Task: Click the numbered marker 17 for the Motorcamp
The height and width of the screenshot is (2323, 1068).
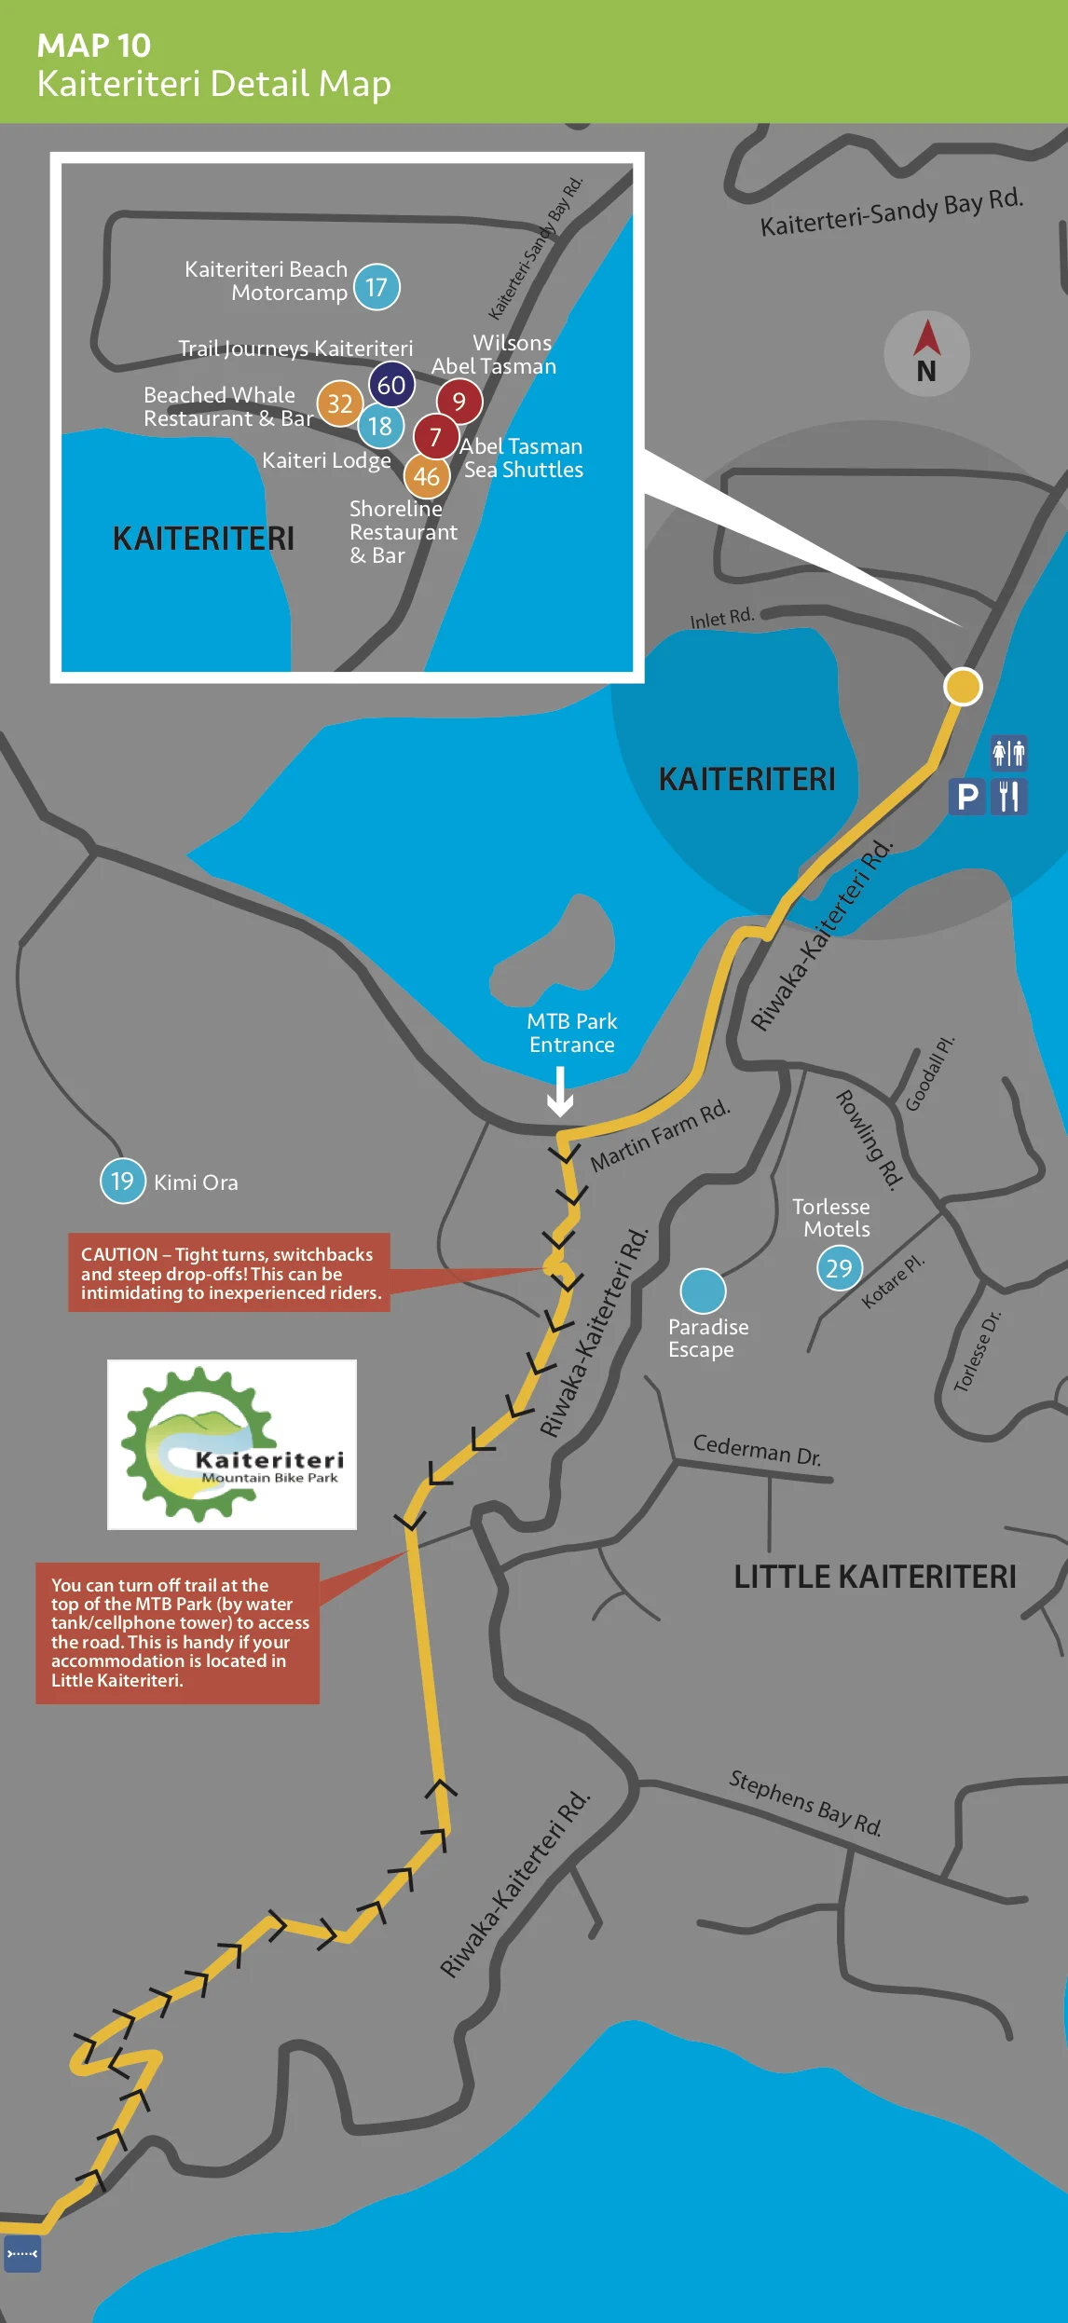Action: [377, 287]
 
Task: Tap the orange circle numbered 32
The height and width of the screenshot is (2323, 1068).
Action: [340, 403]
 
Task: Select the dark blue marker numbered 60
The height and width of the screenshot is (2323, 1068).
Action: [391, 385]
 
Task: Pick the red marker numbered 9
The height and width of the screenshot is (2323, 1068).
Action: [459, 402]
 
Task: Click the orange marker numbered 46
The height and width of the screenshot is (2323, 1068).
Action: [427, 476]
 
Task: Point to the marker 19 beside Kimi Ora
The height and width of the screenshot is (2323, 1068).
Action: [123, 1181]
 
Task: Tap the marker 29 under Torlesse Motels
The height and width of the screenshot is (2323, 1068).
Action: [840, 1267]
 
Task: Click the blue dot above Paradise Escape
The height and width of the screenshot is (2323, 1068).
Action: [703, 1291]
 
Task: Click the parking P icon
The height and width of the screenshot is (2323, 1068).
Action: [967, 797]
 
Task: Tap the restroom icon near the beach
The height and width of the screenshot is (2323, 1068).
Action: [1008, 752]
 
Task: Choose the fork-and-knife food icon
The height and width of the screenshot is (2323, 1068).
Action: [1008, 797]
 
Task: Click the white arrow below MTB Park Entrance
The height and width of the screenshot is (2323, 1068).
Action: [559, 1091]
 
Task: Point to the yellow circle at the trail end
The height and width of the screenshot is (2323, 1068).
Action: [963, 687]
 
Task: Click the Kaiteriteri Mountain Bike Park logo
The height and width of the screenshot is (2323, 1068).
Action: [232, 1444]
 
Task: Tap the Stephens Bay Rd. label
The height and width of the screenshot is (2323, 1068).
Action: [805, 1802]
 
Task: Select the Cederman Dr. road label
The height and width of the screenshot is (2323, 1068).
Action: [757, 1450]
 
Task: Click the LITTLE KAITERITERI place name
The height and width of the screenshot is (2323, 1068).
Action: [874, 1577]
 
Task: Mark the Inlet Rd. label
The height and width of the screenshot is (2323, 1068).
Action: [721, 618]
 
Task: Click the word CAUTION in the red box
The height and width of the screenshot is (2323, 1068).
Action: [119, 1254]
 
